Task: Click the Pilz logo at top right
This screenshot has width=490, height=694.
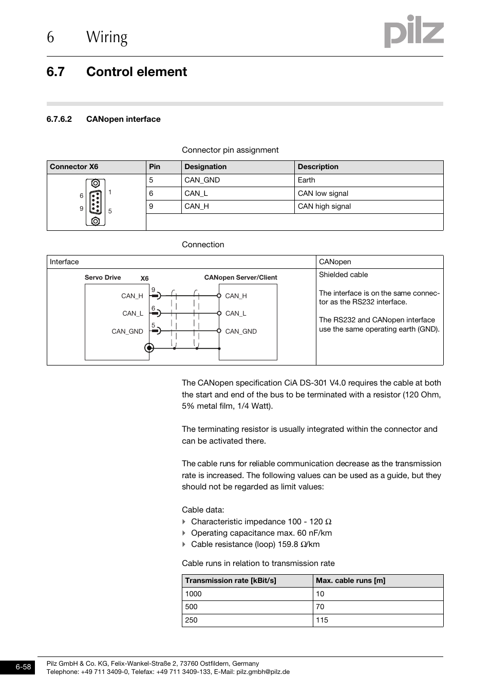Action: tap(413, 32)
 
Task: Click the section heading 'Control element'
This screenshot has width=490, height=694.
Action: tap(136, 72)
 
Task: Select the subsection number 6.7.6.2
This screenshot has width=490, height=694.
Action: tap(59, 119)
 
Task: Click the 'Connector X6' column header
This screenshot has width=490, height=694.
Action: tap(74, 167)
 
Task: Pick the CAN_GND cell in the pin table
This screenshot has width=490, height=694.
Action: tap(202, 180)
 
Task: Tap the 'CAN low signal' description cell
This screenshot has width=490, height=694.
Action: tap(323, 194)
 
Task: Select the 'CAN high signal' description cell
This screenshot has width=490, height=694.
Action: tap(324, 207)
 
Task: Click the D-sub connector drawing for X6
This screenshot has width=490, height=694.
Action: tap(96, 202)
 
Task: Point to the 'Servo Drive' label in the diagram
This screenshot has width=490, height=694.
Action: tap(103, 278)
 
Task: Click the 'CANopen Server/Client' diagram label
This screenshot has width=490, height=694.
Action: tap(240, 278)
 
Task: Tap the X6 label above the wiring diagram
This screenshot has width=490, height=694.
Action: tap(144, 279)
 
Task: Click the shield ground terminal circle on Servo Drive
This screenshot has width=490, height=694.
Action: tap(149, 348)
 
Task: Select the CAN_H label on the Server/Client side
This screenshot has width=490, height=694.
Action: tap(236, 296)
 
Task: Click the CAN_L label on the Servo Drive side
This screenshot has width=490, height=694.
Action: tap(133, 314)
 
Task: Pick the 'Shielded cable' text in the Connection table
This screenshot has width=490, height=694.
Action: tap(343, 275)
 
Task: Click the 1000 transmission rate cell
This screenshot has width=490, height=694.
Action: tap(193, 594)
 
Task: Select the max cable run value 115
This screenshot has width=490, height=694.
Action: tap(322, 620)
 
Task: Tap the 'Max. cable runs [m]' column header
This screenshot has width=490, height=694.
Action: tap(350, 581)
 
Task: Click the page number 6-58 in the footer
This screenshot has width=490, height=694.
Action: tap(23, 667)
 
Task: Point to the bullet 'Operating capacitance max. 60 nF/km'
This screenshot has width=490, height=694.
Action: tap(261, 533)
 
